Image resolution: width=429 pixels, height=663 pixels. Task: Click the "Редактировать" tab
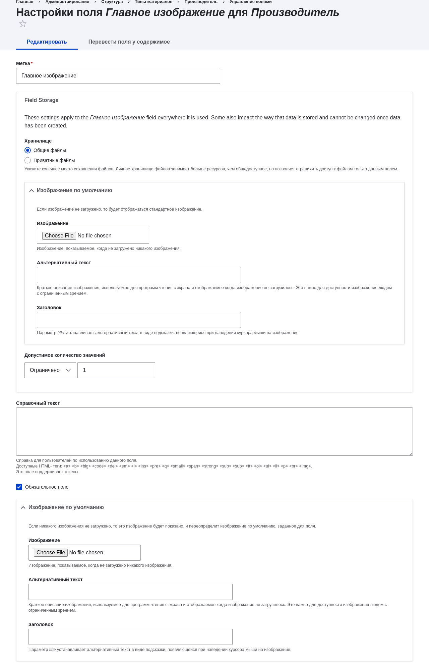coord(47,42)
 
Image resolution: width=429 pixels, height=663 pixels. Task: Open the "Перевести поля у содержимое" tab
coord(129,42)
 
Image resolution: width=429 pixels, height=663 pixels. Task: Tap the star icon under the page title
coord(23,24)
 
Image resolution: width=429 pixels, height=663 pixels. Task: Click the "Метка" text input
coord(118,76)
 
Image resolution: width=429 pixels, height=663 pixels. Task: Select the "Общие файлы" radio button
coord(28,150)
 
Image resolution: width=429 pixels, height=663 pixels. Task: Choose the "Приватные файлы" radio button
coord(28,160)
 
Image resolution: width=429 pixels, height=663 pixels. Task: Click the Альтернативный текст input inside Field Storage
coord(139,275)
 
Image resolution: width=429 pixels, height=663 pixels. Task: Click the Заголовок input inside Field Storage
coord(139,320)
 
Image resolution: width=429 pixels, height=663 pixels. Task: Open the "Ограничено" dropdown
coord(50,370)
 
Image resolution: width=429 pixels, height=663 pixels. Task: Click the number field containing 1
coord(116,370)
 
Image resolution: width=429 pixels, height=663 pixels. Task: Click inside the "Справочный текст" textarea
coord(214,432)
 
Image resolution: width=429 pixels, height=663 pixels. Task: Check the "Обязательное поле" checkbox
coord(19,487)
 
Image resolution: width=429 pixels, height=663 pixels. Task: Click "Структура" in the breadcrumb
coord(112,2)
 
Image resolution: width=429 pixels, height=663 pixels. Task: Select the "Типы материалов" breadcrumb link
coord(154,2)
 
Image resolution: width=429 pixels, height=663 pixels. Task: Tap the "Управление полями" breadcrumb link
coord(250,2)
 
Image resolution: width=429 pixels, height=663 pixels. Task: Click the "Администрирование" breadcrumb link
coord(67,2)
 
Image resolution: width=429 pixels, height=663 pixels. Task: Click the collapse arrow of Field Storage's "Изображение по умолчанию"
coord(32,190)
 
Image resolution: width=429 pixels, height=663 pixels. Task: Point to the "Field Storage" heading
coord(41,100)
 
